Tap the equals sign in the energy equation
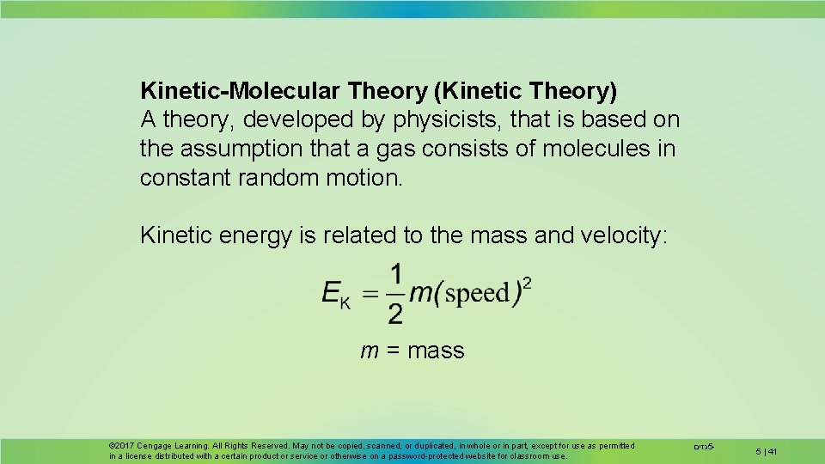369,294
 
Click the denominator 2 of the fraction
395,314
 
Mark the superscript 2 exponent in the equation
527,283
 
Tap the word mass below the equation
436,351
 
